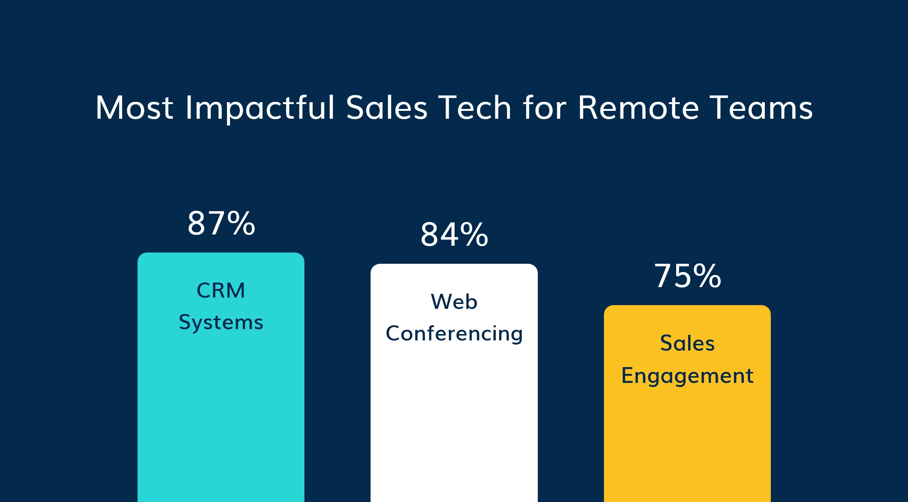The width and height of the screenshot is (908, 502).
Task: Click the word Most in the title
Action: pyautogui.click(x=134, y=108)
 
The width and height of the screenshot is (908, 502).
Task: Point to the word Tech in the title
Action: pyautogui.click(x=475, y=108)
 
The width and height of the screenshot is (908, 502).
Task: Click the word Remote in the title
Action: pyautogui.click(x=638, y=108)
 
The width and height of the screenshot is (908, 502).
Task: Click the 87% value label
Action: pyautogui.click(x=221, y=224)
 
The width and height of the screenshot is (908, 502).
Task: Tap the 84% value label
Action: pyautogui.click(x=454, y=235)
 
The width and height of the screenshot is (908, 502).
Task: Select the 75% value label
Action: pyautogui.click(x=688, y=276)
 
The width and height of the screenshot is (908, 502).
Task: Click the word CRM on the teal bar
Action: pyautogui.click(x=221, y=290)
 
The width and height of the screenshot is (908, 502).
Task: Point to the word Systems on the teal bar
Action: pyautogui.click(x=221, y=322)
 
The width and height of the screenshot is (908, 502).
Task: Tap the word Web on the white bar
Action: pyautogui.click(x=454, y=302)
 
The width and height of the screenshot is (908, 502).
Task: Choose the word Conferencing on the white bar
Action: pyautogui.click(x=454, y=334)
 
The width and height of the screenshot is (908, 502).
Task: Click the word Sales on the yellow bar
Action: pyautogui.click(x=687, y=343)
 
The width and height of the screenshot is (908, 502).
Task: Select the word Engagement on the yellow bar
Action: pyautogui.click(x=687, y=375)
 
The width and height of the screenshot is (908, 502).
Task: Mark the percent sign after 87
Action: pyautogui.click(x=241, y=224)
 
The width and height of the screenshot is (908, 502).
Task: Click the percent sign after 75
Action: pyautogui.click(x=707, y=276)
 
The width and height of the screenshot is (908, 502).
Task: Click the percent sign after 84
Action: pyautogui.click(x=474, y=235)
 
